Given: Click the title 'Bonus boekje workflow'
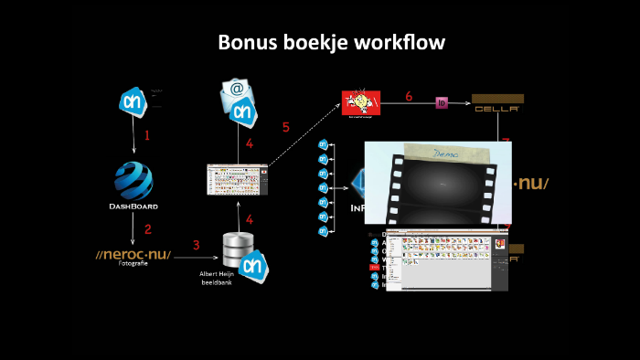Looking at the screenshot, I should (332, 43).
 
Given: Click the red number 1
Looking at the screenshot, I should (146, 135).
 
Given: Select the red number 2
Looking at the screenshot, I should (147, 228).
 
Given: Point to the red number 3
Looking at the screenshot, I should (196, 245).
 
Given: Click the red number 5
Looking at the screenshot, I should (286, 127).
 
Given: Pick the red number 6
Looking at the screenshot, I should (409, 96).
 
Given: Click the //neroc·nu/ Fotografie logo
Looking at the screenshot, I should (133, 255).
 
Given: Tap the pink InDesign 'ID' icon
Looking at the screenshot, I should (442, 103).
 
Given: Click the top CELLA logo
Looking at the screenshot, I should (497, 103).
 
